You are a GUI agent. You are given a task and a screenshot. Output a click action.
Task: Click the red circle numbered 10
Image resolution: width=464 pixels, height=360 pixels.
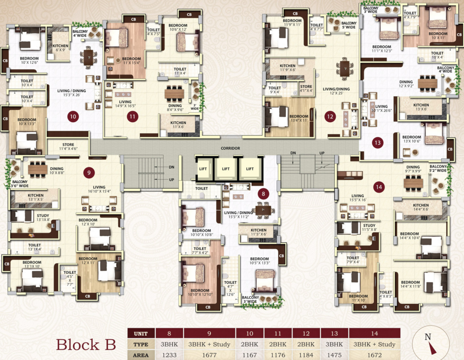(x=73, y=116)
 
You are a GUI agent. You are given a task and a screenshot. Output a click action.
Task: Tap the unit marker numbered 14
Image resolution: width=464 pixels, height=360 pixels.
(x=379, y=187)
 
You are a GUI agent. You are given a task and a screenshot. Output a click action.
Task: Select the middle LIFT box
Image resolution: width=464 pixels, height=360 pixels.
(x=226, y=169)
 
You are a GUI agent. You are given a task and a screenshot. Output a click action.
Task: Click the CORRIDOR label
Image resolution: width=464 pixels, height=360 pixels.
(x=230, y=148)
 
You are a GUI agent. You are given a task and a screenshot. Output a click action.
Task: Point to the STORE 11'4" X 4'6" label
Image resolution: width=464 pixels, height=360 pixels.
(x=68, y=147)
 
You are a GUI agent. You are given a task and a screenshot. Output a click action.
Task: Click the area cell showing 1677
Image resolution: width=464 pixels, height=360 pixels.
(x=209, y=355)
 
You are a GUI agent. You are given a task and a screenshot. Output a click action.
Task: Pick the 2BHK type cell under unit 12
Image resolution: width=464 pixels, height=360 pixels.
(x=306, y=344)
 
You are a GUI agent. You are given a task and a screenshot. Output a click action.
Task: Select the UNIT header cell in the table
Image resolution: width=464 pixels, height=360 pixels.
(x=141, y=334)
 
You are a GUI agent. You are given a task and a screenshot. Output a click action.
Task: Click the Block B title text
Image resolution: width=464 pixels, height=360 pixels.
(x=86, y=345)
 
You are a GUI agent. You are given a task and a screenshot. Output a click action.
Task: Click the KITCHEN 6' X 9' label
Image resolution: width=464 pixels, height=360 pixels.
(x=60, y=48)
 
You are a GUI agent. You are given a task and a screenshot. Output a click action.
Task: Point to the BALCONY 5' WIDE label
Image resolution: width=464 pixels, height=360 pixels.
(x=349, y=25)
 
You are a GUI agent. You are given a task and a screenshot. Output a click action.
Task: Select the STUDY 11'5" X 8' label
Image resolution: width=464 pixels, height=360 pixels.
(x=369, y=227)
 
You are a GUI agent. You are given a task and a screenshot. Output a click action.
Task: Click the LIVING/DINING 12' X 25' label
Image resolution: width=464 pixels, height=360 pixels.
(x=336, y=91)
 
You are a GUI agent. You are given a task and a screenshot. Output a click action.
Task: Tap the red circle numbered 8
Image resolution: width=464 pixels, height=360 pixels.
(x=263, y=194)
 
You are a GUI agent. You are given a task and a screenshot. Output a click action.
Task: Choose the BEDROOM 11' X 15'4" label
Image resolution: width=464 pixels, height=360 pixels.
(x=131, y=61)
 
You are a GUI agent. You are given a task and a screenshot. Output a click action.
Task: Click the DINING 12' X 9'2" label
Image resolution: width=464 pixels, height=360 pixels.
(x=406, y=84)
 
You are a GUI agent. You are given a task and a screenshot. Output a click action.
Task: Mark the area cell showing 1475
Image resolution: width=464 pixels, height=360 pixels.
(x=334, y=355)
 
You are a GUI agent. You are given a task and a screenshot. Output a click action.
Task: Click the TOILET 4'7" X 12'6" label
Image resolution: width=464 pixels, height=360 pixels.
(x=230, y=288)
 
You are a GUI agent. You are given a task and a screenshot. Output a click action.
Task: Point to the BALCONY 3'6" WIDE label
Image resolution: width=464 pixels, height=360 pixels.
(x=20, y=184)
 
